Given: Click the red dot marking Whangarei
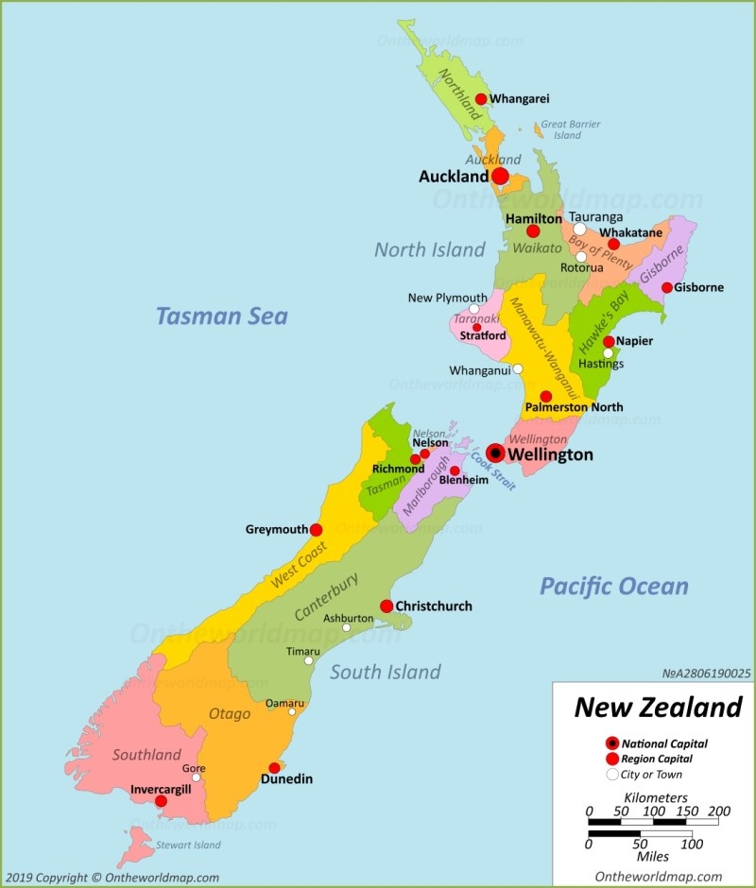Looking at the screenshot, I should [x=481, y=99].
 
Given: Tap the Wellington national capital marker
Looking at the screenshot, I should [x=495, y=453].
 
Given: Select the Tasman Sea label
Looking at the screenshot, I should [x=222, y=316].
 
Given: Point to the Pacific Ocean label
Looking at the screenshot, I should [x=614, y=586].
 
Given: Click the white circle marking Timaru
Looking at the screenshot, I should [x=308, y=661].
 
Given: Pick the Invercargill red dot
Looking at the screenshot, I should [x=161, y=801].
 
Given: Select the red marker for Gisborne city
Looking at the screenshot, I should [x=667, y=287].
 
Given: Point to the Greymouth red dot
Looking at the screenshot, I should [x=316, y=530].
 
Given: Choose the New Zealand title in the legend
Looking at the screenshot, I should [x=658, y=708].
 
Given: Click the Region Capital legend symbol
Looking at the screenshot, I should [x=612, y=759].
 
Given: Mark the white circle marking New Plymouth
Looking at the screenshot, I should [x=474, y=309].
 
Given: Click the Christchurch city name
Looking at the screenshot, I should [x=433, y=606].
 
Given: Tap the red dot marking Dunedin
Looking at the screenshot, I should [x=274, y=768].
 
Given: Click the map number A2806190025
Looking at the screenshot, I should [x=706, y=674].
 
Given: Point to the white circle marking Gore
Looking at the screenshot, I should [x=197, y=778].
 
